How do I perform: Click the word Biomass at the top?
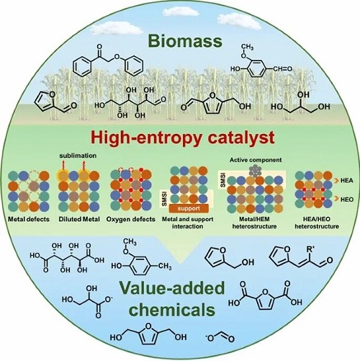point(185,41)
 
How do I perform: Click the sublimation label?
point(78,156)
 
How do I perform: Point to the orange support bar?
point(189,208)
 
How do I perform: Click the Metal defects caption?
point(29,219)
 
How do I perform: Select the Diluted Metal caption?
point(79,219)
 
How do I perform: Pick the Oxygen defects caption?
point(131,219)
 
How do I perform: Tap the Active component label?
point(256,160)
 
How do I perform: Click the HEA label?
point(347,180)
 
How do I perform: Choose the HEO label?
point(347,200)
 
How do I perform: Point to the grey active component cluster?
point(256,171)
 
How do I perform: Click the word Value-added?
point(172,288)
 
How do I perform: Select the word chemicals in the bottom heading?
point(172,309)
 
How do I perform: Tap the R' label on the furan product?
point(310,249)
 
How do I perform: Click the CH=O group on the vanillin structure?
point(282,69)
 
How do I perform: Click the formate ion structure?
point(220,337)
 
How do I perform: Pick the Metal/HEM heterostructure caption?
point(254,223)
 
